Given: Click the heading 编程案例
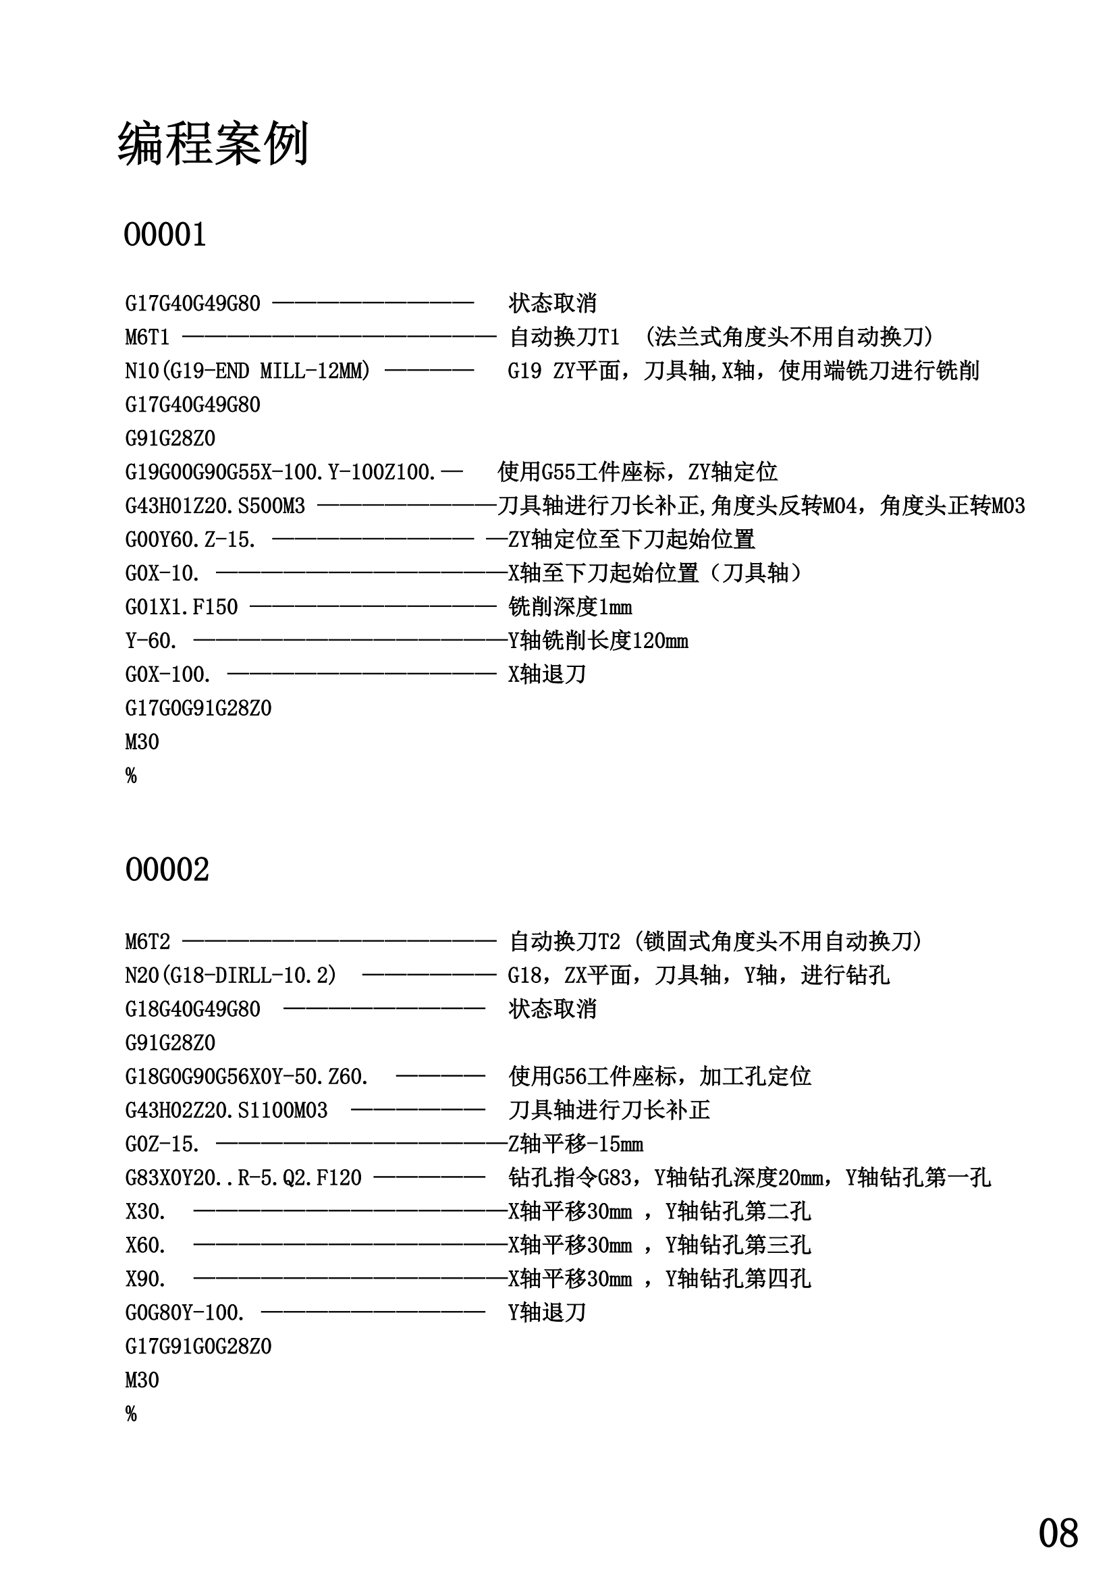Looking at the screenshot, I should (213, 144).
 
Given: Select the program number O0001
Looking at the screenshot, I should (165, 234).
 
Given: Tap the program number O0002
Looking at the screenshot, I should (167, 869).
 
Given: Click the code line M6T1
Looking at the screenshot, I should (147, 337).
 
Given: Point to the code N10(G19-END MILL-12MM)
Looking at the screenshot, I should (248, 371).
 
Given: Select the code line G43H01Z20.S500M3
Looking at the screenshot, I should (215, 506).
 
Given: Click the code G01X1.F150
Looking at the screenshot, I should (182, 608).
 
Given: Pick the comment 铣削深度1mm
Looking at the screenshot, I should (570, 608).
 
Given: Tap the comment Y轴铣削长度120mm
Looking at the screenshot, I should (598, 641).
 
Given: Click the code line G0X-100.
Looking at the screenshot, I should (168, 674).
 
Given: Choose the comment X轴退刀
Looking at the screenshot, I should (547, 674).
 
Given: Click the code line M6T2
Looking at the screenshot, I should (148, 942).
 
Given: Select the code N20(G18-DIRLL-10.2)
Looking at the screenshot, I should (231, 975).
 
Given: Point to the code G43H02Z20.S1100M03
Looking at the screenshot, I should (226, 1110).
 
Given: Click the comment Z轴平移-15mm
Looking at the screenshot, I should (576, 1144).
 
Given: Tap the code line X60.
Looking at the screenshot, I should (146, 1246).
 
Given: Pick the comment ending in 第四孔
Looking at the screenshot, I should (659, 1279).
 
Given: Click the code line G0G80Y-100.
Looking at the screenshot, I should (185, 1313).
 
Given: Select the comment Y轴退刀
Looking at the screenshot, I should (547, 1313).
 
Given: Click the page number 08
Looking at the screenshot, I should (1058, 1534).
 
